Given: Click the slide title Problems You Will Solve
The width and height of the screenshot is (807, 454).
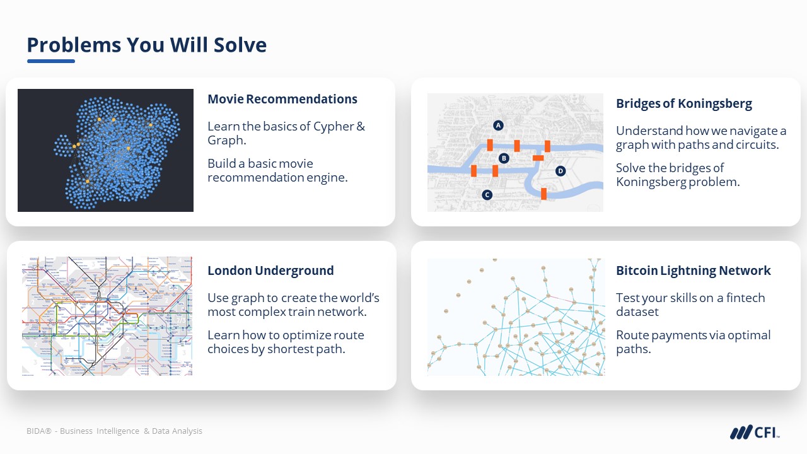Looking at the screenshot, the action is click(147, 45).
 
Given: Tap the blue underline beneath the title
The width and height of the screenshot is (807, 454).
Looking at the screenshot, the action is click(51, 61).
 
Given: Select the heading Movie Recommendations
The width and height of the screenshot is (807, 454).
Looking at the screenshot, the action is click(282, 99).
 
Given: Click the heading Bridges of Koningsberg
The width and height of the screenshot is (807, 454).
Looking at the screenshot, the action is click(684, 104).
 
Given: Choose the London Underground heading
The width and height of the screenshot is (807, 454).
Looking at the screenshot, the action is click(270, 271).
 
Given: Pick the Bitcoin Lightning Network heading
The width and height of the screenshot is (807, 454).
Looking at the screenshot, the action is click(693, 271).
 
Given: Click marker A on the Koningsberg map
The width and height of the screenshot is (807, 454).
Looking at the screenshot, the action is click(498, 125).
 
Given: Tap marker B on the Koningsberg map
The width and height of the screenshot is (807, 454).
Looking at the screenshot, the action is click(504, 158).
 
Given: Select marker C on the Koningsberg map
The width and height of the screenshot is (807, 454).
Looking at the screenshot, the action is click(487, 195).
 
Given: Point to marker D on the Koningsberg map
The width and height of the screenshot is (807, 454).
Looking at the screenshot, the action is click(560, 171).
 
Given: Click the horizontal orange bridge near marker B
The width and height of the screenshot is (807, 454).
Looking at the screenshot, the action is click(538, 158).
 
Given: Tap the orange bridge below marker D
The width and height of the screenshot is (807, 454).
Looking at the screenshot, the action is click(543, 194).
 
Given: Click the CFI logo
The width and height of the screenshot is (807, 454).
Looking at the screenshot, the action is click(755, 432).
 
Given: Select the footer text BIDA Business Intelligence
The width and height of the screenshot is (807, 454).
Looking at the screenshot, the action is click(83, 431).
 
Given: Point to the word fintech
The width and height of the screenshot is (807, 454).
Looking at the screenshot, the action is click(745, 298).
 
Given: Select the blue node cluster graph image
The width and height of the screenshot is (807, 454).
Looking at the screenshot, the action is click(105, 150).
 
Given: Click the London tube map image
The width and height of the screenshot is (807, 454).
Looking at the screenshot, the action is click(107, 316).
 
